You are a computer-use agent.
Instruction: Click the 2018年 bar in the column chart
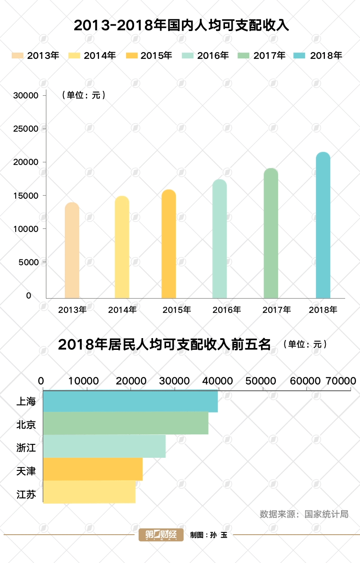tap(323, 225)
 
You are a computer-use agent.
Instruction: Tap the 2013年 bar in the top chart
tap(72, 250)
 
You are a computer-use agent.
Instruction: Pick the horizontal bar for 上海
tap(130, 402)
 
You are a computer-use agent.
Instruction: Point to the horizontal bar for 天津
tap(93, 469)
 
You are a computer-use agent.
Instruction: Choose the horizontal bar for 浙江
tap(104, 447)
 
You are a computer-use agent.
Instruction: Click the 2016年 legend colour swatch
tap(188, 55)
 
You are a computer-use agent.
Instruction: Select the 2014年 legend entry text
tap(100, 55)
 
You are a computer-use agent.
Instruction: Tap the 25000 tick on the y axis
tap(27, 129)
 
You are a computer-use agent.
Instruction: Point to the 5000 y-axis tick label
tap(29, 262)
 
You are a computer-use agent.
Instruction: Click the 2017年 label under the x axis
tap(277, 310)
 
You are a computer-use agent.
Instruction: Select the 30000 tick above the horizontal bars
tap(175, 381)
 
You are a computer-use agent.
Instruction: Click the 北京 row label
tap(26, 424)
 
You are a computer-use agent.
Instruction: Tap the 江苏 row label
tap(26, 495)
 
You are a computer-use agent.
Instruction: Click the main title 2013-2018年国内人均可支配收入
tap(180, 25)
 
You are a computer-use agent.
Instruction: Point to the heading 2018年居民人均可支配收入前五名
tap(164, 345)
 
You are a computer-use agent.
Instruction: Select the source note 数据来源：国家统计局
tap(304, 514)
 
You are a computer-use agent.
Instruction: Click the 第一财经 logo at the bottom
tap(161, 535)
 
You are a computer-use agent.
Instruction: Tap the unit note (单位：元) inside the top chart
tap(83, 95)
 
